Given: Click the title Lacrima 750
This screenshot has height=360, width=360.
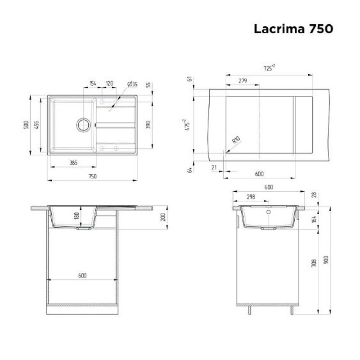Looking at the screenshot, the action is pos(293,29).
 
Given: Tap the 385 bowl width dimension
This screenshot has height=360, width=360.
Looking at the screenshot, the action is pos(73,163).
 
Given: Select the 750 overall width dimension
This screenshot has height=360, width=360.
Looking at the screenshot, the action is pos(92,176).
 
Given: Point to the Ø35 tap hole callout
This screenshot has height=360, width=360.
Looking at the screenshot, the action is pos(132,84).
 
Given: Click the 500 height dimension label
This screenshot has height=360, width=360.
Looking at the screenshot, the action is pos(27,125).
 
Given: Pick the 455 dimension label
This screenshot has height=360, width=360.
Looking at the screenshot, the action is pos(37,125).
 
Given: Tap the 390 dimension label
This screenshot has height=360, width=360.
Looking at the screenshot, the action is pos(148,125).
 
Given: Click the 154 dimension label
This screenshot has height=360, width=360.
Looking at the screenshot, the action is pos(93,83).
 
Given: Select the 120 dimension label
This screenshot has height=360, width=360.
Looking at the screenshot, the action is pos(109,83).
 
